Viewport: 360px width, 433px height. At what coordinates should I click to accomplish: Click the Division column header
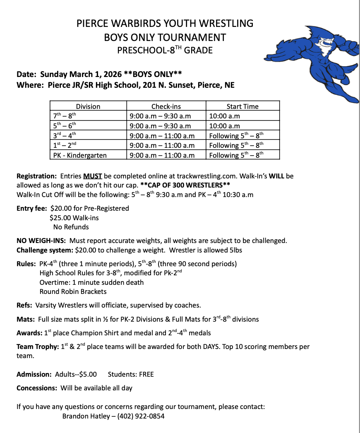point(88,106)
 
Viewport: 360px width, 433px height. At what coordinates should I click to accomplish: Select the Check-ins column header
point(166,106)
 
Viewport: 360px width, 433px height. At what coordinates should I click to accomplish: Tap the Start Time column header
point(242,106)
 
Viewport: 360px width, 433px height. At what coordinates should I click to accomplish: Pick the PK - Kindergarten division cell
point(80,155)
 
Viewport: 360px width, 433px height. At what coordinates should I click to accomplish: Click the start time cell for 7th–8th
point(225,116)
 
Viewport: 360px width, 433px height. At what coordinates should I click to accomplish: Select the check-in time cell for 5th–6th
point(160,126)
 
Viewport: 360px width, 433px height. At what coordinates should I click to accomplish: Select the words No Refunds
point(71,227)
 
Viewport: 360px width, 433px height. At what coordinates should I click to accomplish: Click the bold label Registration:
point(36,176)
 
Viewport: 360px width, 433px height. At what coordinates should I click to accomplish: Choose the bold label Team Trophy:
point(37,347)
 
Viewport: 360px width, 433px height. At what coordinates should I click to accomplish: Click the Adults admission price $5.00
point(88,374)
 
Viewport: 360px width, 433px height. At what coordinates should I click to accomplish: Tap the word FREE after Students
point(146,374)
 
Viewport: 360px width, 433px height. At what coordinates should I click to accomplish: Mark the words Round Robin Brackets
point(73,291)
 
